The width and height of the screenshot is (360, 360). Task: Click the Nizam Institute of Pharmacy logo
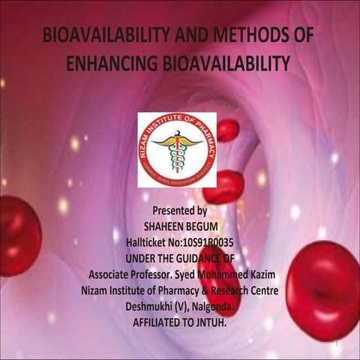pos(177,150)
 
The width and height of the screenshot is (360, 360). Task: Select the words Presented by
pos(179,211)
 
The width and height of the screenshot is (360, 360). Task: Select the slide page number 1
pos(338,344)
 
